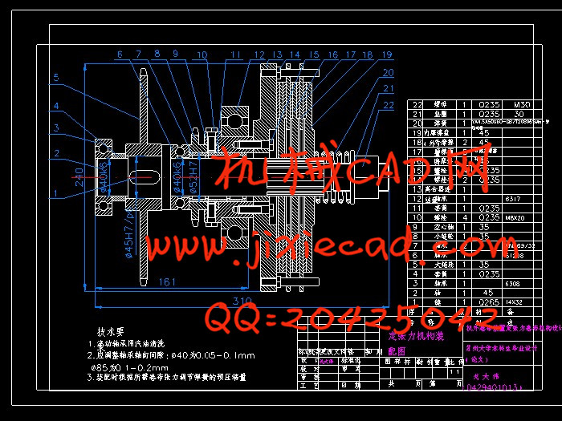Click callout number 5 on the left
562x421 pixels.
tap(56, 78)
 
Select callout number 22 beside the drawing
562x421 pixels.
tap(389, 104)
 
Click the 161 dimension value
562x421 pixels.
tap(167, 282)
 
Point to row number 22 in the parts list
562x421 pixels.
tap(417, 104)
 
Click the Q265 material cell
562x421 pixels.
tap(489, 302)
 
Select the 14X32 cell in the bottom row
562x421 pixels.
tap(515, 302)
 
